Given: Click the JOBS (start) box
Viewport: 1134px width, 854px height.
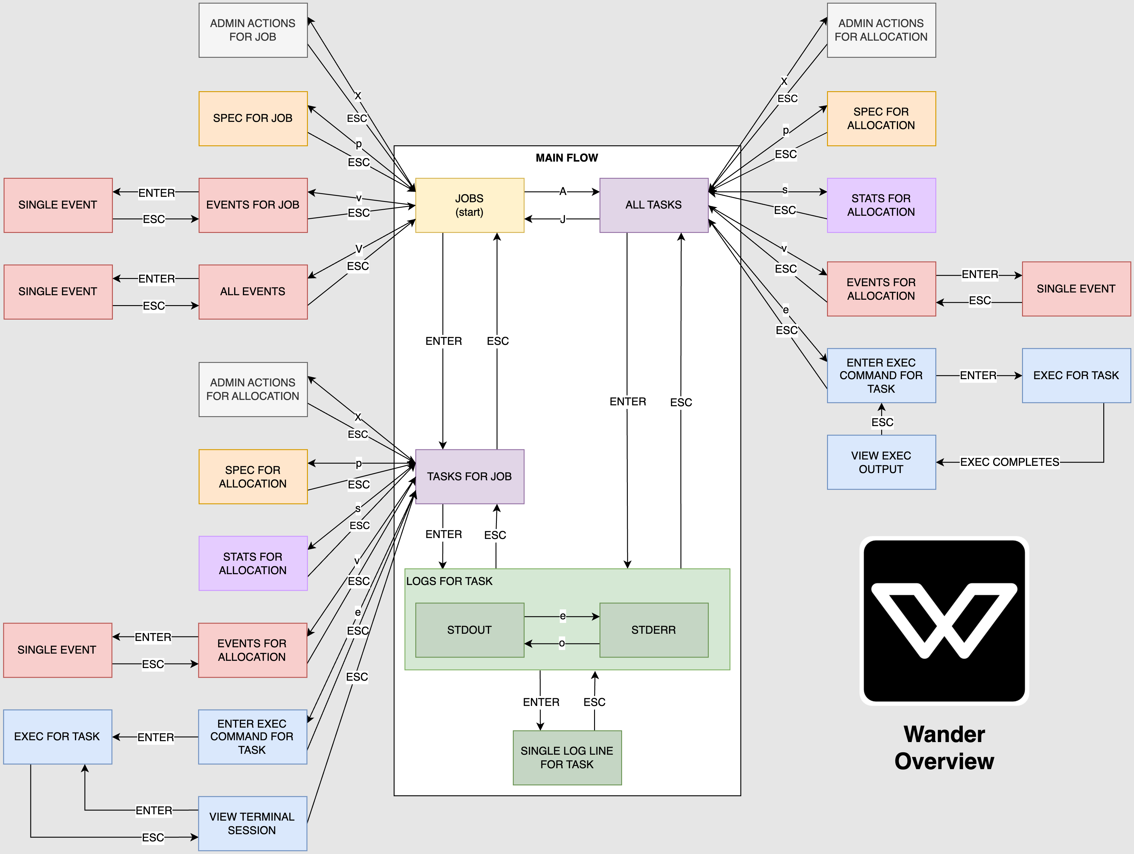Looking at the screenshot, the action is (469, 205).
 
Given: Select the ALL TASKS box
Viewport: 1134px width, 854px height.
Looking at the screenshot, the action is (654, 205).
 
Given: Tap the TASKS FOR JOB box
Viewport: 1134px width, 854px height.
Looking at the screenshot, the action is (469, 476).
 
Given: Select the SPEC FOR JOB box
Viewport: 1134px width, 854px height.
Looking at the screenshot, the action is (253, 119).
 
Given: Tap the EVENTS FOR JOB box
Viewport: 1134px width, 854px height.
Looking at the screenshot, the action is (253, 205).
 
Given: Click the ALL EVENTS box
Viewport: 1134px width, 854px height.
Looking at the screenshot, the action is (253, 292).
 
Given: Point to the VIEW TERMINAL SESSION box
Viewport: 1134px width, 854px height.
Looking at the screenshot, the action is (252, 823).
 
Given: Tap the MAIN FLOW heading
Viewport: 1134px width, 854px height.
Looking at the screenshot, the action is (567, 158).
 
